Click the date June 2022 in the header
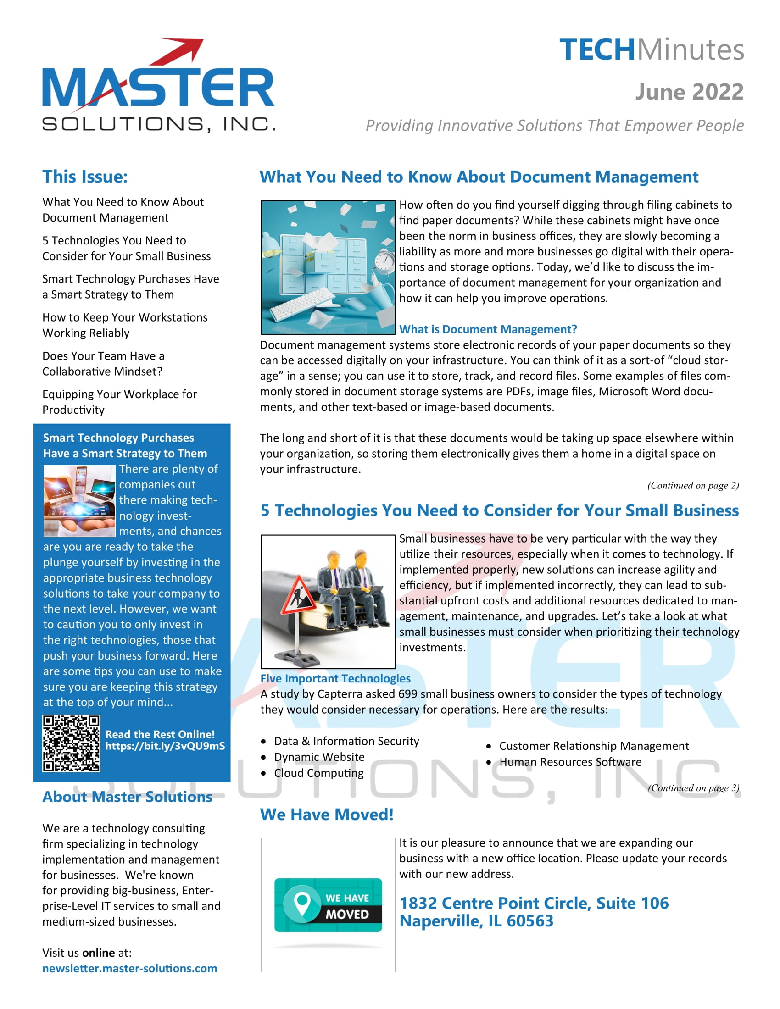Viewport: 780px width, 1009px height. pos(689,92)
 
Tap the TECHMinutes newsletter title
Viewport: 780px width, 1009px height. pos(652,50)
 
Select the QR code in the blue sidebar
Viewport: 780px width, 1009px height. pos(71,743)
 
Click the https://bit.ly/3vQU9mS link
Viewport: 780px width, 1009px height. pos(165,746)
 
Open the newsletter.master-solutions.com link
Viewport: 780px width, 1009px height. pos(129,968)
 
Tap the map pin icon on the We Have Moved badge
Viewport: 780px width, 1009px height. pos(302,903)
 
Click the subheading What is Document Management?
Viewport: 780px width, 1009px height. pos(488,329)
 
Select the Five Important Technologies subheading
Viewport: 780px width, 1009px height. pos(335,678)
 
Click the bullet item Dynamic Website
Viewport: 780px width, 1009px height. pos(319,757)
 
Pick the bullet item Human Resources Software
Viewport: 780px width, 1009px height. pos(570,762)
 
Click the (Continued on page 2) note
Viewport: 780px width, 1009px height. pos(693,485)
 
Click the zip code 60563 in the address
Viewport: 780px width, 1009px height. pos(529,921)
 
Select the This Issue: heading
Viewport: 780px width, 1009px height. pos(85,177)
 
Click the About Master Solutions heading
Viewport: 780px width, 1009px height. pos(127,797)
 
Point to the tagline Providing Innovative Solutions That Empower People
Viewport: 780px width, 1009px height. pos(555,125)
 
